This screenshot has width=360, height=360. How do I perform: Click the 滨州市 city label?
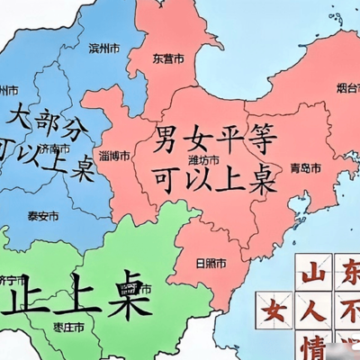click(x=105, y=48)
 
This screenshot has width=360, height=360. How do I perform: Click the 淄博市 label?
click(x=115, y=155)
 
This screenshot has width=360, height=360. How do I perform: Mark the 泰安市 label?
click(x=43, y=217)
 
